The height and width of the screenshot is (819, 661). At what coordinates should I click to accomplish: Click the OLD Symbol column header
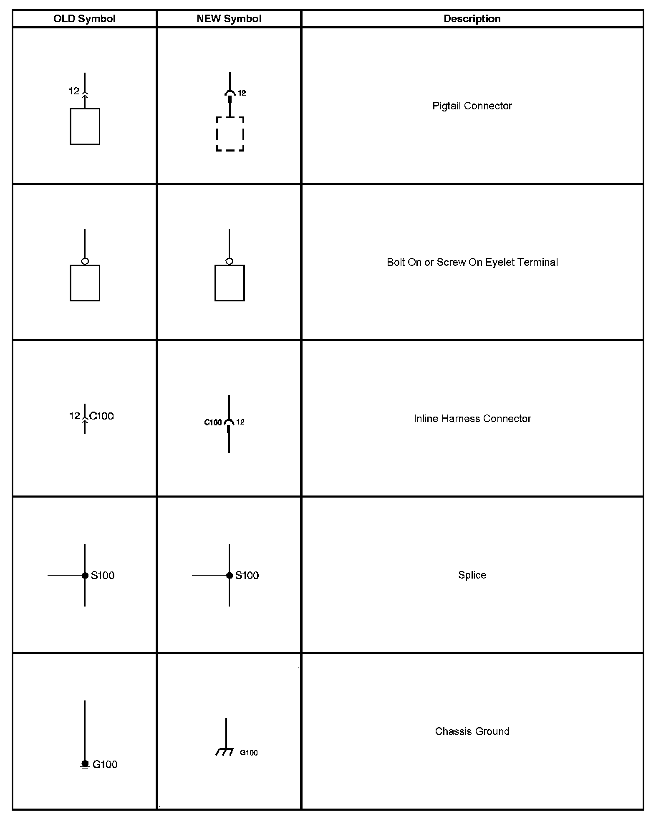click(84, 19)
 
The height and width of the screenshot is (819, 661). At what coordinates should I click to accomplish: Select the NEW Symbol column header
click(229, 19)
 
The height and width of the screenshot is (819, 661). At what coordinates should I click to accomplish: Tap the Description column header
click(472, 19)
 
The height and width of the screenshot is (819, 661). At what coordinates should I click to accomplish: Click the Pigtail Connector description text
click(472, 106)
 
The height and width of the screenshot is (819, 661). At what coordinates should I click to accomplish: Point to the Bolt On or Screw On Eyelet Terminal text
click(472, 262)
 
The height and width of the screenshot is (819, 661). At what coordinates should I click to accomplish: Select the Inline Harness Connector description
click(472, 419)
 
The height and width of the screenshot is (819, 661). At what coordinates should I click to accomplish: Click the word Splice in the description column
click(472, 575)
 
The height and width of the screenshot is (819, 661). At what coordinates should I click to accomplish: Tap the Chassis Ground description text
click(472, 731)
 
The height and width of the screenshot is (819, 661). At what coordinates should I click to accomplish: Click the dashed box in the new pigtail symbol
click(230, 134)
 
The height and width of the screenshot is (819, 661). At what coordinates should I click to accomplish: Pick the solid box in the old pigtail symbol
click(85, 126)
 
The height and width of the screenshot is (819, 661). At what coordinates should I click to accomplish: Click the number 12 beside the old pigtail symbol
click(74, 91)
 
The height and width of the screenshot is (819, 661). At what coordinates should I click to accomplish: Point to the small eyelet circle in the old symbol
click(85, 261)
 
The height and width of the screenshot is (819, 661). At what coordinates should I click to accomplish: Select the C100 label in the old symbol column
click(102, 416)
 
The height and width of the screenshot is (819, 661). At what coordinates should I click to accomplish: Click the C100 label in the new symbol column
click(213, 422)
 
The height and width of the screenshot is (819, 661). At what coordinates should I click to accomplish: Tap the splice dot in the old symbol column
click(85, 575)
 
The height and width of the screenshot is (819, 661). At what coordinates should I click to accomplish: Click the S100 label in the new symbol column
click(247, 575)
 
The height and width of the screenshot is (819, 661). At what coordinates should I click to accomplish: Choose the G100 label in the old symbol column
click(105, 764)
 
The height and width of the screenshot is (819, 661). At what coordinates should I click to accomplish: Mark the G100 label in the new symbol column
click(249, 753)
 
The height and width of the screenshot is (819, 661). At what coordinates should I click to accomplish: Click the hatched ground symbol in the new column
click(225, 751)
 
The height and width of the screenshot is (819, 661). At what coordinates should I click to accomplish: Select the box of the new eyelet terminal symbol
click(230, 283)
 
